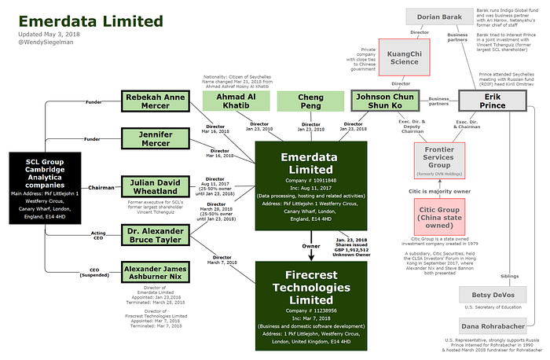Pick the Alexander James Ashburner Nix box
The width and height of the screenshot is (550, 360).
[x=156, y=274]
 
